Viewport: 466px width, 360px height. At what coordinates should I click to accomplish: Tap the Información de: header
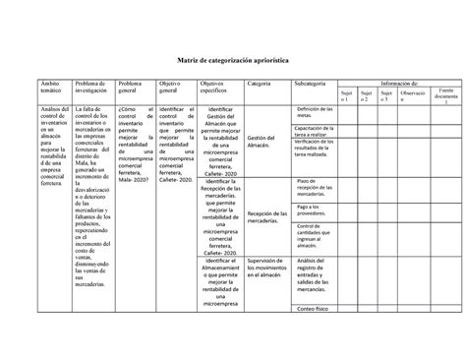tap(399, 84)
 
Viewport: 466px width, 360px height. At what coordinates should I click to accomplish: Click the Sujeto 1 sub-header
tap(344, 95)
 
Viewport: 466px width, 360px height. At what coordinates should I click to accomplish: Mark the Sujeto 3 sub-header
tap(385, 95)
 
